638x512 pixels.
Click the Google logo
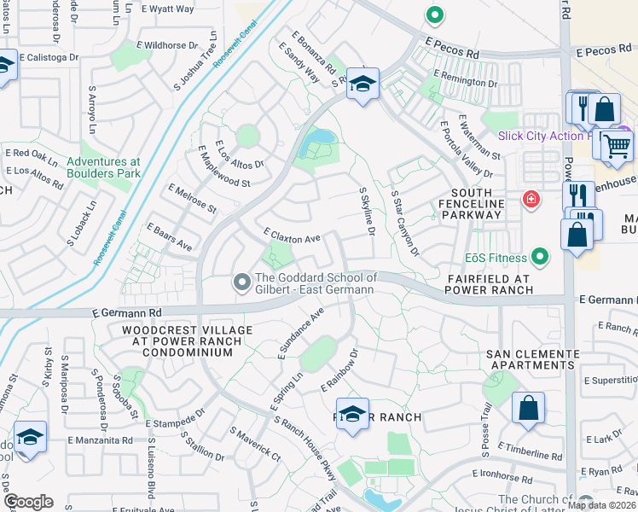click(27, 502)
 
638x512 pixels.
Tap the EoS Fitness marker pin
click(539, 256)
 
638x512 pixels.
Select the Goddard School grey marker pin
click(242, 281)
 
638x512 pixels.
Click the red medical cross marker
click(531, 200)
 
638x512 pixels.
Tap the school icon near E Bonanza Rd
click(362, 84)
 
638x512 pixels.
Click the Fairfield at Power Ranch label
click(489, 284)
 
